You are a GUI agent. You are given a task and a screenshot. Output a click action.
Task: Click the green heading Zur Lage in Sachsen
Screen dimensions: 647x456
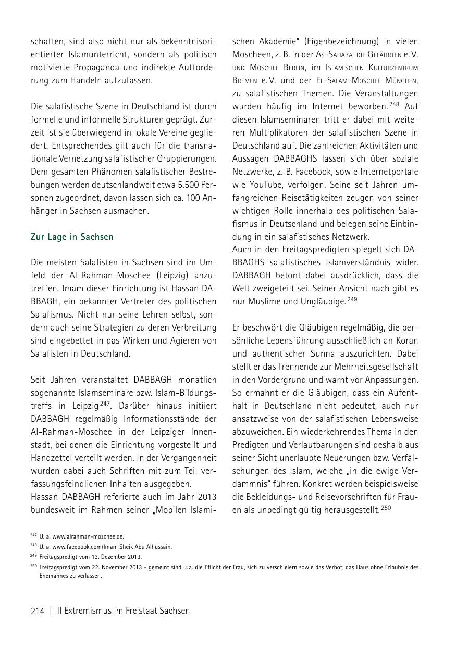click(x=72, y=237)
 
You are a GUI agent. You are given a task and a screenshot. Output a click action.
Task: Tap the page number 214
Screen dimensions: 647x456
click(x=38, y=611)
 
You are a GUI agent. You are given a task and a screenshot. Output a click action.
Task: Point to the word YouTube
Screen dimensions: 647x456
click(x=264, y=185)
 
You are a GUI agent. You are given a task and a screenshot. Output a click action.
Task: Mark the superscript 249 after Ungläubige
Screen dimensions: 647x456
click(x=353, y=300)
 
